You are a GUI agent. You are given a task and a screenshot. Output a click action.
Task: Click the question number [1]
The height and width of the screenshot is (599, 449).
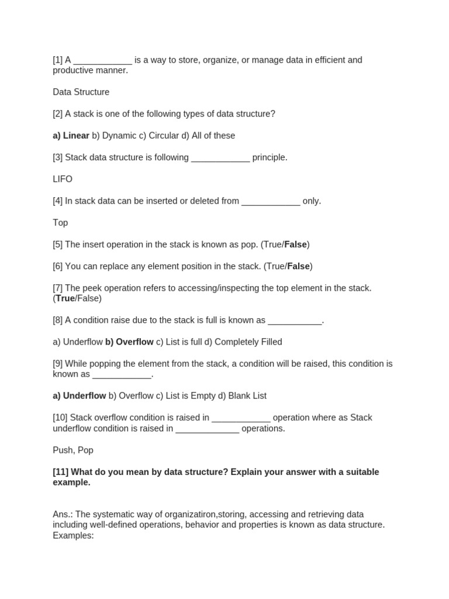(58, 60)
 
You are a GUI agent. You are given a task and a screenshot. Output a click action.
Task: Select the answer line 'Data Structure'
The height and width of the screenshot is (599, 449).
(81, 92)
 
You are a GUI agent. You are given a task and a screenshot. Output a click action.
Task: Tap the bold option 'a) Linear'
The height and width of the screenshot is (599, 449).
(71, 136)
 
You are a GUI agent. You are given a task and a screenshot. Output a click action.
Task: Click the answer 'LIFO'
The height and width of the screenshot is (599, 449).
(63, 179)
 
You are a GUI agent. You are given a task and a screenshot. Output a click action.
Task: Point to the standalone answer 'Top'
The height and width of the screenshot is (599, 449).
(60, 223)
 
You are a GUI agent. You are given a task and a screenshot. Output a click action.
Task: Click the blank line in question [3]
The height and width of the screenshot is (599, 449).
(220, 158)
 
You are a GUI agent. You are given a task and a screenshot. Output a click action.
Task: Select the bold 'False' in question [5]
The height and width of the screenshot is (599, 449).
(295, 245)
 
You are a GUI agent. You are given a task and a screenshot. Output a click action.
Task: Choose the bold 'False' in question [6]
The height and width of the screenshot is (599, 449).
(298, 266)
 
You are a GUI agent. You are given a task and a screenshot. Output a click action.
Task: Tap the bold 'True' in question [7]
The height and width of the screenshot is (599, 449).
(65, 298)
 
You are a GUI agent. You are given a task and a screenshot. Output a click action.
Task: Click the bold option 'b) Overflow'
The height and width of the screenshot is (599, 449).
(129, 342)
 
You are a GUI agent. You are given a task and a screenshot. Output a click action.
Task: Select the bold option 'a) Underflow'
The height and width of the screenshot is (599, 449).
(80, 396)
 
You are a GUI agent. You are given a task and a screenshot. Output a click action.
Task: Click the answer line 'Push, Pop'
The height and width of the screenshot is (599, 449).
(73, 450)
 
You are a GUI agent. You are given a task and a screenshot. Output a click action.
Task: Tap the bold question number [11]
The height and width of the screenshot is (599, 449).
(61, 472)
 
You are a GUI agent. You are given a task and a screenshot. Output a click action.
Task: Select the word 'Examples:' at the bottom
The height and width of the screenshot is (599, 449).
(73, 535)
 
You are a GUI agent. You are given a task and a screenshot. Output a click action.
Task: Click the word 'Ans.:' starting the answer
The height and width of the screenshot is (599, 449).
(63, 514)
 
